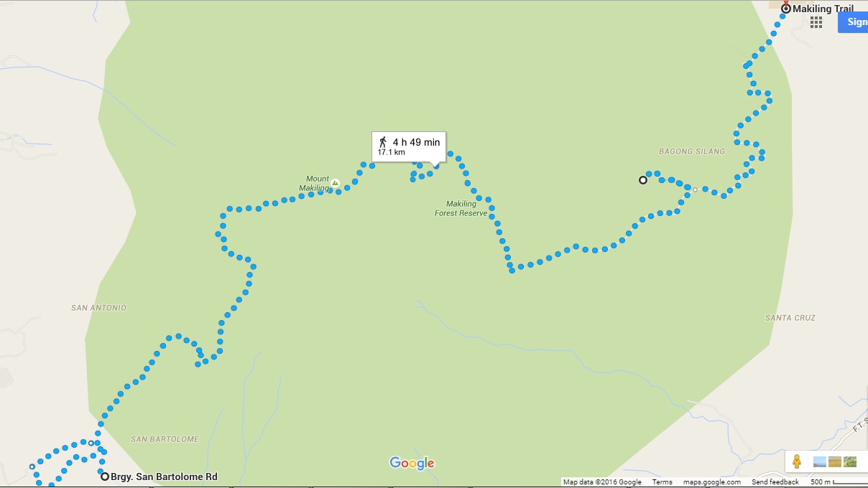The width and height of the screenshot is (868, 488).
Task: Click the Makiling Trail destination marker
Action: tap(786, 9)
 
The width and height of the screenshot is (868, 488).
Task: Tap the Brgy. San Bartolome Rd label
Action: tap(164, 477)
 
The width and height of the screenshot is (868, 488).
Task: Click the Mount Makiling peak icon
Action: tap(335, 184)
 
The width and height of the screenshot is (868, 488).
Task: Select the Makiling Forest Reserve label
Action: tap(461, 209)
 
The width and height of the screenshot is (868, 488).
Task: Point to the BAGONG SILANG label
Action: tap(691, 151)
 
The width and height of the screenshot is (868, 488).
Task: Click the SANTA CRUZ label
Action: tap(790, 318)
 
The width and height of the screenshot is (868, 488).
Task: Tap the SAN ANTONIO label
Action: tap(98, 308)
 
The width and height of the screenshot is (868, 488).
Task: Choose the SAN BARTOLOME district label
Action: tap(165, 439)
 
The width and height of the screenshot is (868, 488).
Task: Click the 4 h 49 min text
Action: tap(416, 142)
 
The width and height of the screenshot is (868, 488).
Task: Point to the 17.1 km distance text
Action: tap(391, 152)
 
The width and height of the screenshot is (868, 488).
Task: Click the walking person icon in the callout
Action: tap(383, 141)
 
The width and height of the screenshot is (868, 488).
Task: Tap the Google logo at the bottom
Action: tap(412, 463)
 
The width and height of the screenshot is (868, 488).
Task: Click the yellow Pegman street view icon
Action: tap(795, 461)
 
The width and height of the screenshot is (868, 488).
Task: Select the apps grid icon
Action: tap(816, 22)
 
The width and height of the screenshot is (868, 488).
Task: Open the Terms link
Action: tap(662, 482)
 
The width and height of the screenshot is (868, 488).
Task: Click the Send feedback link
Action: tap(775, 482)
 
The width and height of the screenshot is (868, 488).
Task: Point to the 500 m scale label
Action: tap(821, 482)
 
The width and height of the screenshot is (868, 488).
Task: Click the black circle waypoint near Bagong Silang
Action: tap(643, 180)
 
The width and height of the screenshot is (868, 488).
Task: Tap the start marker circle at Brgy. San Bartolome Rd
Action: tap(105, 477)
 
